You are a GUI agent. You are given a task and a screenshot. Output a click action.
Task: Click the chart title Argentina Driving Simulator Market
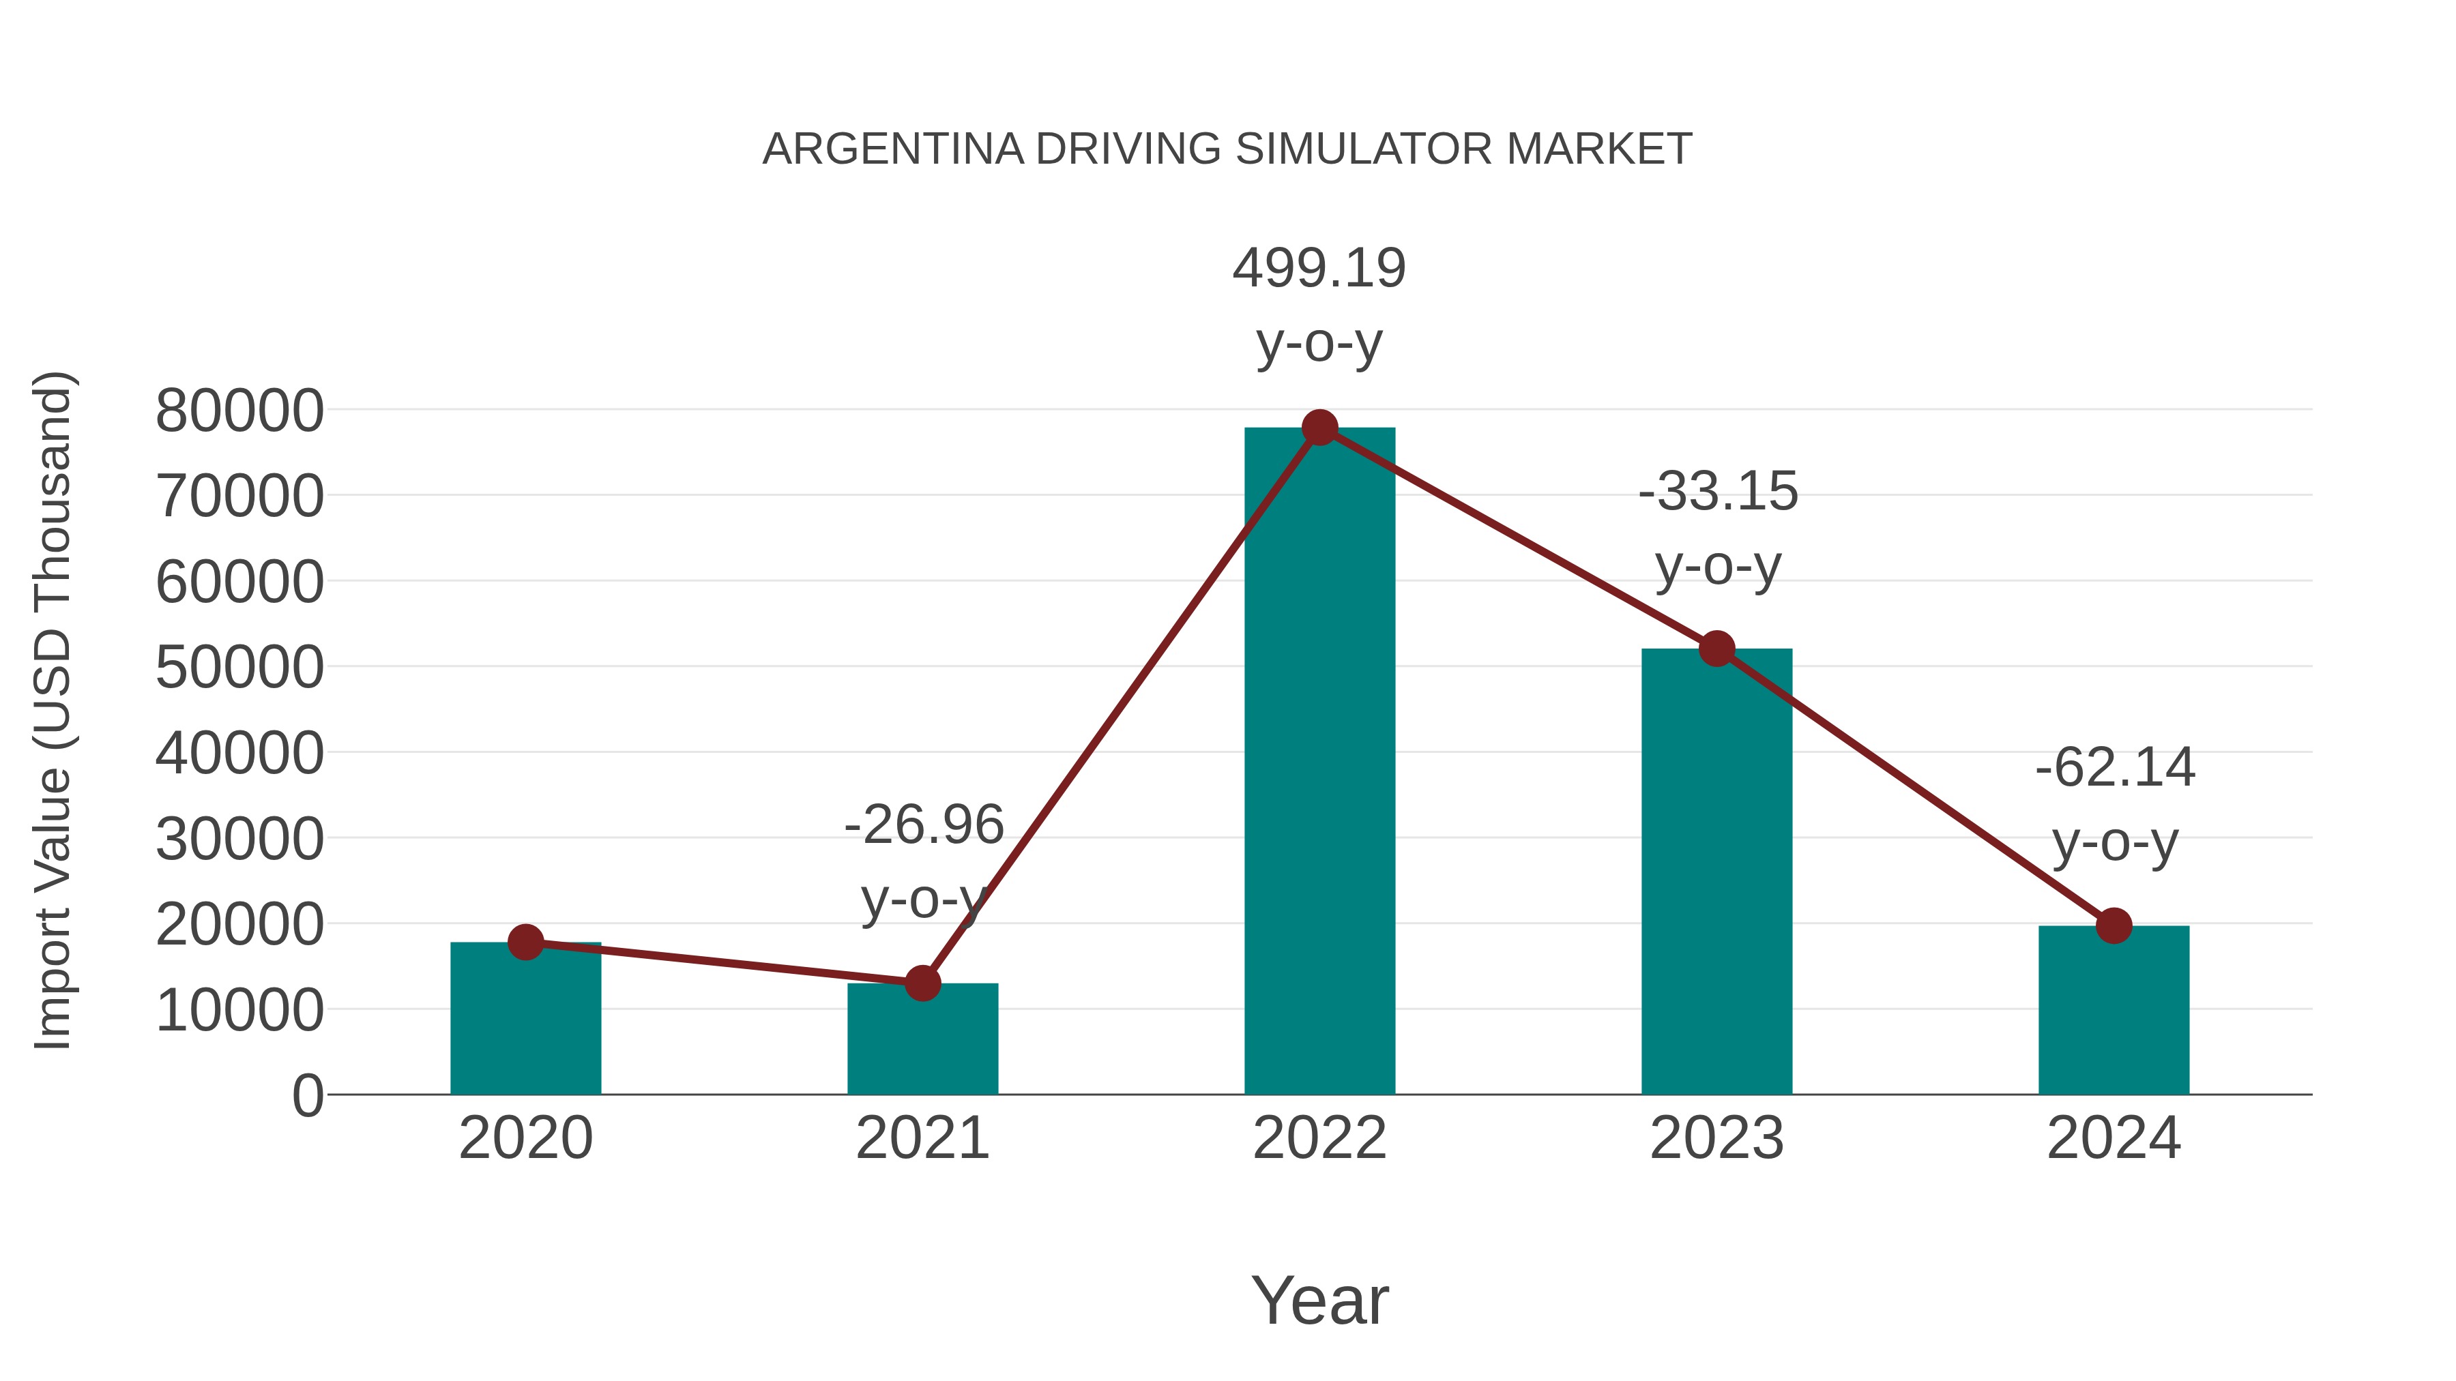point(1227,149)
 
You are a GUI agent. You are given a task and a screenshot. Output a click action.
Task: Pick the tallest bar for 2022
point(1319,762)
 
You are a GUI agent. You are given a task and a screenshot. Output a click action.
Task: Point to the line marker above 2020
point(525,942)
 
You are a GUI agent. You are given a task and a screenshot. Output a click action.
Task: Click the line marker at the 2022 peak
point(1319,428)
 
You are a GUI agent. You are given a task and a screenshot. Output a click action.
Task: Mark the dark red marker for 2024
point(2114,925)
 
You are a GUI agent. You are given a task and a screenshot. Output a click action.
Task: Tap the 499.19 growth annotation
point(1319,269)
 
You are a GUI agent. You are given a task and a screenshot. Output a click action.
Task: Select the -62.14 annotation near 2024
point(2115,768)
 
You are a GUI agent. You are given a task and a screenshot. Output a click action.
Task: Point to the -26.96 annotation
point(923,825)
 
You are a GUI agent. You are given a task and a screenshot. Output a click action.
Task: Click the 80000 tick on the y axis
point(239,412)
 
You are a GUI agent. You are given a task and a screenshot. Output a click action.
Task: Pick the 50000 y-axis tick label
point(239,668)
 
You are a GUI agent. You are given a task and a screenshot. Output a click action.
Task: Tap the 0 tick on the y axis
point(307,1096)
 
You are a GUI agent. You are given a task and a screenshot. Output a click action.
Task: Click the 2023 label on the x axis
point(1716,1139)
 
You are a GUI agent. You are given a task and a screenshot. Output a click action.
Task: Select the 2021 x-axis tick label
point(922,1139)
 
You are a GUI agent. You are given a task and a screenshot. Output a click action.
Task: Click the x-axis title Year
point(1319,1301)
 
